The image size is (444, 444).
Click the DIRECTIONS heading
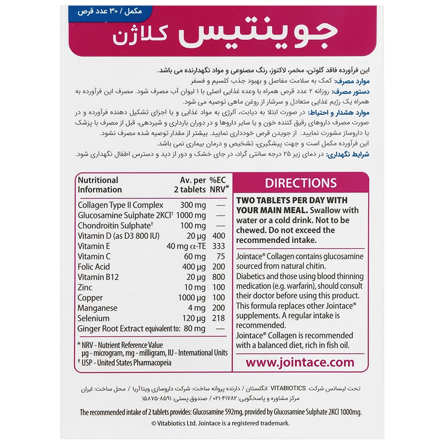tap(300, 184)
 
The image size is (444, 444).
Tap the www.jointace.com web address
tap(300, 363)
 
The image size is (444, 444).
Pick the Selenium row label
tap(94, 319)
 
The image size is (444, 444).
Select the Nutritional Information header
tap(100, 185)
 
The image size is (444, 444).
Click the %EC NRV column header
tap(220, 185)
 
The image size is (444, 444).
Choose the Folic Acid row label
tap(94, 267)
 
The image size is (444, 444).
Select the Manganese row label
tap(97, 308)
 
